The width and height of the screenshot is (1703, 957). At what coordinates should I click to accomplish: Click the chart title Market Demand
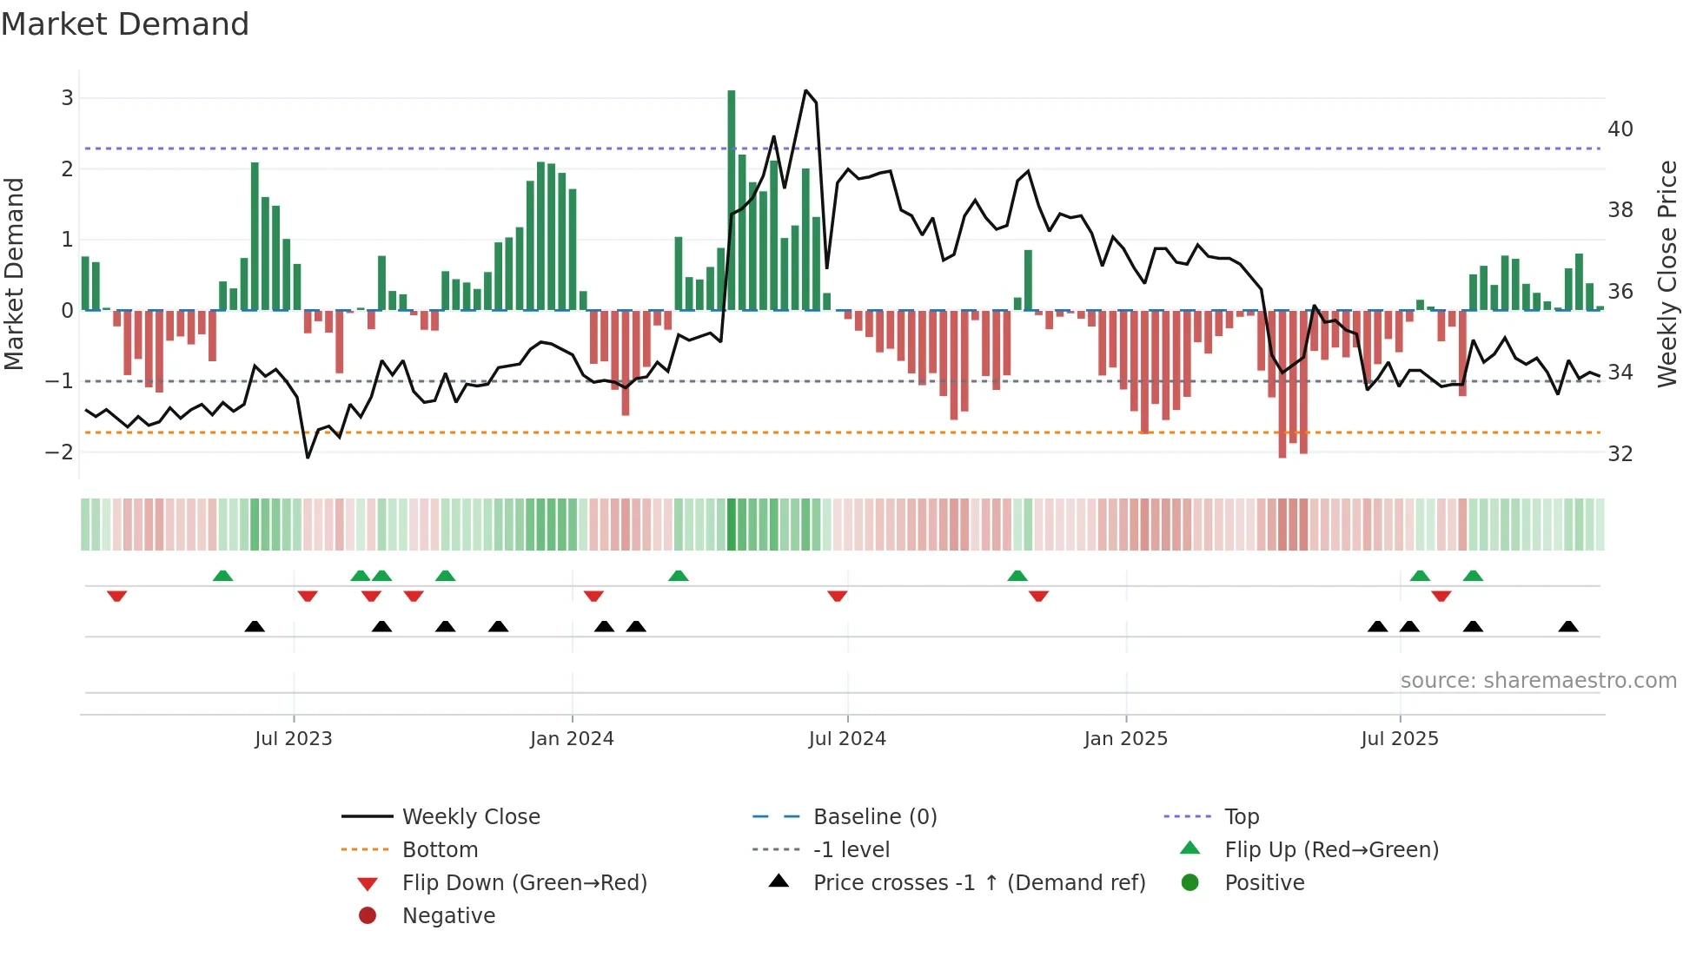(125, 24)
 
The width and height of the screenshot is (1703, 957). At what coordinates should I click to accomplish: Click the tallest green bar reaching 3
(732, 200)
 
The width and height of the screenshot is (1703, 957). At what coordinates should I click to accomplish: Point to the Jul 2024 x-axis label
(847, 739)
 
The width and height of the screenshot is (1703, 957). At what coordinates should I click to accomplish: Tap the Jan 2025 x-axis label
(1126, 739)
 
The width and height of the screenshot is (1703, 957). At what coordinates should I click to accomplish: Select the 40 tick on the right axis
(1620, 129)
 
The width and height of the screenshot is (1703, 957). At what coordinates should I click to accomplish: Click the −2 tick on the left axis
(60, 452)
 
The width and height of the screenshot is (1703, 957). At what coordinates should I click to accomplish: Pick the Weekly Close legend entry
(471, 817)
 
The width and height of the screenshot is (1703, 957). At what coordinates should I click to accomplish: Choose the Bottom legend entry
(440, 850)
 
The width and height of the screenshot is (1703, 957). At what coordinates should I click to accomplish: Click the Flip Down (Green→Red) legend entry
(524, 883)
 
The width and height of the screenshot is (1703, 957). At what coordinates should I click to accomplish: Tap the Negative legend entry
(448, 916)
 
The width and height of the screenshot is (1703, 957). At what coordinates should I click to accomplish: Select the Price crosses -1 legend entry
(979, 883)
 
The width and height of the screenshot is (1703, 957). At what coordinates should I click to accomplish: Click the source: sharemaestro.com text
(1538, 681)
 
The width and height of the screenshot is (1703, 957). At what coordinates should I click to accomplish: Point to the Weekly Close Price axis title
(1667, 274)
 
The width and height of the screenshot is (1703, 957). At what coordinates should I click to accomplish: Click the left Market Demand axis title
(15, 274)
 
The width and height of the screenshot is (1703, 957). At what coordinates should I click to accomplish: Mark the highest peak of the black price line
(806, 90)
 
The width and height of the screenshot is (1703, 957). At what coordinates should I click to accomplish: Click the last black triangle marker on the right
(1568, 626)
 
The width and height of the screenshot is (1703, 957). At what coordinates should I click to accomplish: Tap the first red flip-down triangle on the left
(117, 596)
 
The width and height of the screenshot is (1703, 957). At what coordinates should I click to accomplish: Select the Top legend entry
(1241, 817)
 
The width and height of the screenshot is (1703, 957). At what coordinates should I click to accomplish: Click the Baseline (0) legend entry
(874, 817)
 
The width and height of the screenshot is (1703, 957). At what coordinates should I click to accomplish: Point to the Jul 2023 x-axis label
(294, 739)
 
